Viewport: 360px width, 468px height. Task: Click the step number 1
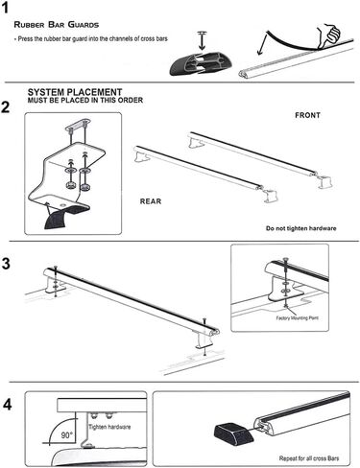click(x=5, y=8)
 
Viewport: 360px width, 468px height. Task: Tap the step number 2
click(x=6, y=107)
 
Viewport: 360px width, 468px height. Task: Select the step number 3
click(x=6, y=264)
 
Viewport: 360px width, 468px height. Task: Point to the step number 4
click(x=7, y=405)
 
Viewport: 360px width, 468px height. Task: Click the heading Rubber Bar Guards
click(x=57, y=25)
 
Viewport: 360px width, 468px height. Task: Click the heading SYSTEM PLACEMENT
click(x=75, y=92)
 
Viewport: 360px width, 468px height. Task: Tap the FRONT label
click(x=307, y=115)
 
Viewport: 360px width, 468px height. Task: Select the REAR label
click(x=151, y=201)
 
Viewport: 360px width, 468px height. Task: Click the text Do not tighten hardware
click(x=301, y=228)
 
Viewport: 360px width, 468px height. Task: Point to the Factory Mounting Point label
click(x=298, y=317)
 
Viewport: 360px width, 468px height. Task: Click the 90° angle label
click(x=67, y=435)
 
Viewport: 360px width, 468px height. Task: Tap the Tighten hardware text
click(x=109, y=427)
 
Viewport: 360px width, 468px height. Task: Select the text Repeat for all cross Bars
click(x=309, y=458)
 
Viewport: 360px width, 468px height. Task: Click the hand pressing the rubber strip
click(x=328, y=35)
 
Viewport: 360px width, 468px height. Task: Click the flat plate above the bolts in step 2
click(x=78, y=125)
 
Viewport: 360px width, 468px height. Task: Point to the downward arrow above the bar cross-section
click(x=202, y=41)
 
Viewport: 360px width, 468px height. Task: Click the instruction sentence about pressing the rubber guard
click(x=91, y=39)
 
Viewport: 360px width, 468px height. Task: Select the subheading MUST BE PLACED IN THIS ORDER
click(x=85, y=101)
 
